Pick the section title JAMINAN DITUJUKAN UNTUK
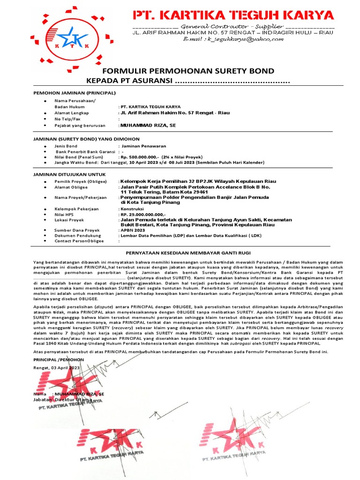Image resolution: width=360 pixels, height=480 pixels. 68,173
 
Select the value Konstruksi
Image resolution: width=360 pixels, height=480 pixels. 133,208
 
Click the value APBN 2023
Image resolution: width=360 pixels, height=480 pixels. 133,230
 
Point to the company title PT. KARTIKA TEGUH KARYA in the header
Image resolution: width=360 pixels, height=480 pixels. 233,15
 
